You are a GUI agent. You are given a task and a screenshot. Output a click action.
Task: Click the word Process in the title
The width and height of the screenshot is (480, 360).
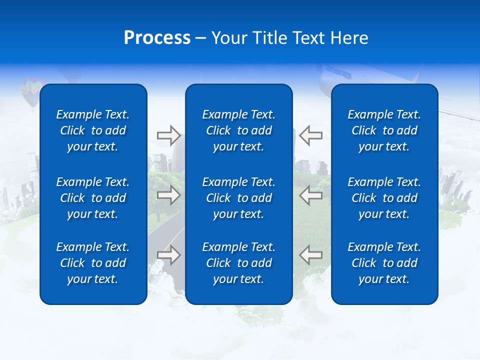[157, 38]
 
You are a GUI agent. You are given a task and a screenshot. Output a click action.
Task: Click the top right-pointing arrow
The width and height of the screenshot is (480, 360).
[168, 135]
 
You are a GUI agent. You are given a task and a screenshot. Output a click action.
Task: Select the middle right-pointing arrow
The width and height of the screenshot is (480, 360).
[168, 195]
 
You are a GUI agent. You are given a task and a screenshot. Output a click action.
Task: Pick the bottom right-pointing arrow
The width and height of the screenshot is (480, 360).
[168, 255]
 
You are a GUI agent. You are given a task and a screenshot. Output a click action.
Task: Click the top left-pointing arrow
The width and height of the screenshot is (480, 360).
[311, 135]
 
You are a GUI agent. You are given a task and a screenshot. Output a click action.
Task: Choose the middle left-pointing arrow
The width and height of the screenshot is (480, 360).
[311, 195]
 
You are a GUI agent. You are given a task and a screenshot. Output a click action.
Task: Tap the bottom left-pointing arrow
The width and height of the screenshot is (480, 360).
[311, 255]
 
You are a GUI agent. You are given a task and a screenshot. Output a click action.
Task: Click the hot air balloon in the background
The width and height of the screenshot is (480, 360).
[31, 90]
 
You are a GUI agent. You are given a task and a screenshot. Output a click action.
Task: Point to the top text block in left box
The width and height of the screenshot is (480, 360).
[93, 130]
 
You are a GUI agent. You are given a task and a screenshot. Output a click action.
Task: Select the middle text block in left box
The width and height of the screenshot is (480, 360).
[93, 198]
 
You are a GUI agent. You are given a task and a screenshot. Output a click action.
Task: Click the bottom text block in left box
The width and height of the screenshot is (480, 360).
[93, 263]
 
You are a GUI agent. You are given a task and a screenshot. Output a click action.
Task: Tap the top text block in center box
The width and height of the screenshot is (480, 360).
[239, 130]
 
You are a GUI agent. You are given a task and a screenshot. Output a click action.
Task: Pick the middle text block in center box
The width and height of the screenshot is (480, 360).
[239, 198]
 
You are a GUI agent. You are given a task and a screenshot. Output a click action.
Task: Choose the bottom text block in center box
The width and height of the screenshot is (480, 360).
[239, 263]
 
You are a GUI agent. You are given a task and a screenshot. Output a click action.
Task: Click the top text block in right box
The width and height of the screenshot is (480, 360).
[384, 130]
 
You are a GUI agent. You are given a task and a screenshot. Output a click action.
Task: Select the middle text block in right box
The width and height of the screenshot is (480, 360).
[384, 198]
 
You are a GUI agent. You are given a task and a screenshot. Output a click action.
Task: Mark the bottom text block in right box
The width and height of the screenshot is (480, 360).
[384, 263]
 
